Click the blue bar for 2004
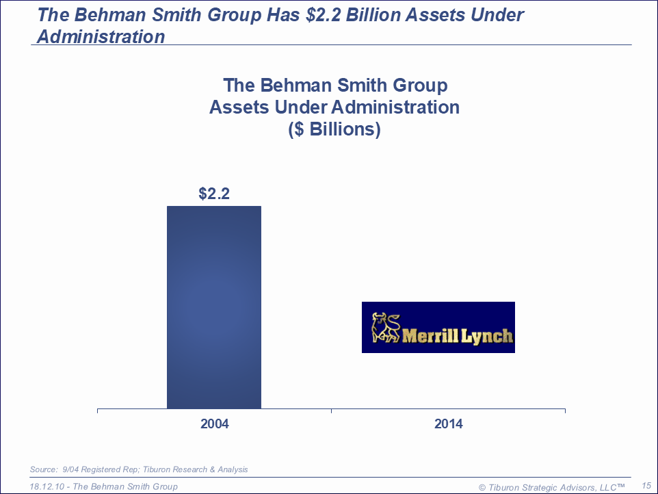tap(214, 307)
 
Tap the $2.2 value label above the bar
tap(214, 194)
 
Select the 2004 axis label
tap(214, 424)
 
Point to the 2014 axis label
tap(448, 424)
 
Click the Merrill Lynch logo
tap(438, 327)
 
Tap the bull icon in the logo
tap(385, 327)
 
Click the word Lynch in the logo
tap(486, 337)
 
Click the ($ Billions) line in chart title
tap(334, 129)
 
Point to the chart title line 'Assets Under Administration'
tap(334, 107)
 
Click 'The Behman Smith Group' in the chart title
tap(334, 86)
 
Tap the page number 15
tap(646, 485)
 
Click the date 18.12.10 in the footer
tap(48, 486)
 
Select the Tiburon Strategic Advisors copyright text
tap(551, 486)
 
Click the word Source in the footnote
tap(42, 469)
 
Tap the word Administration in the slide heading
tap(101, 36)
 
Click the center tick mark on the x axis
tap(331, 411)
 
